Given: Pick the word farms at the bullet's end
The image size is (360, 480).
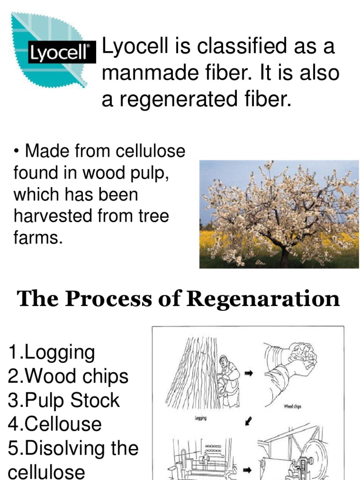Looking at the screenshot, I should [x=37, y=237].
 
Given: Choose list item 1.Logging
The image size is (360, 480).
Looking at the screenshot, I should [x=52, y=352].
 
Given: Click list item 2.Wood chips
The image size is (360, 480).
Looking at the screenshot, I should [x=68, y=376].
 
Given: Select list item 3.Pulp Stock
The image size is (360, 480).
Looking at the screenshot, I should [x=64, y=400].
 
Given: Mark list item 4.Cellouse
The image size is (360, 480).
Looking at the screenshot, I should [x=55, y=424].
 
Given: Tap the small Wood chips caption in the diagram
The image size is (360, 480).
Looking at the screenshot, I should [x=292, y=406].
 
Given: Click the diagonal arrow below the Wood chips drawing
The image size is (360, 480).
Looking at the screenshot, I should [x=249, y=421].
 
